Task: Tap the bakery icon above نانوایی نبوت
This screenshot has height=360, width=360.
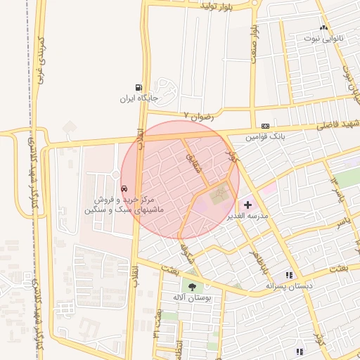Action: click(324, 27)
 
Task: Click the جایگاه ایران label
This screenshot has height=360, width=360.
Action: click(136, 98)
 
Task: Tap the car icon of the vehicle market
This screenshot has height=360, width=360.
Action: click(124, 188)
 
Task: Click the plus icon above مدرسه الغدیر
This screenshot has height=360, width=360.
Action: click(247, 205)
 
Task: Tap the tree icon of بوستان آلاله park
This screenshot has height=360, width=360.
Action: click(192, 285)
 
